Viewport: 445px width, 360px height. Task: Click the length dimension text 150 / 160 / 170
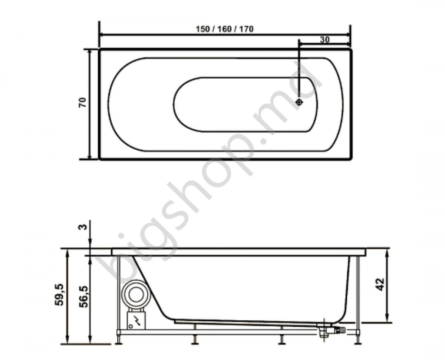click(225, 29)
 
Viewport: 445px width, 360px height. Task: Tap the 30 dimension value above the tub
click(324, 40)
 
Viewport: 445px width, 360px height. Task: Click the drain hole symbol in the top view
click(300, 102)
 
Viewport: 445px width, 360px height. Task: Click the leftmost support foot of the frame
click(119, 339)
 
